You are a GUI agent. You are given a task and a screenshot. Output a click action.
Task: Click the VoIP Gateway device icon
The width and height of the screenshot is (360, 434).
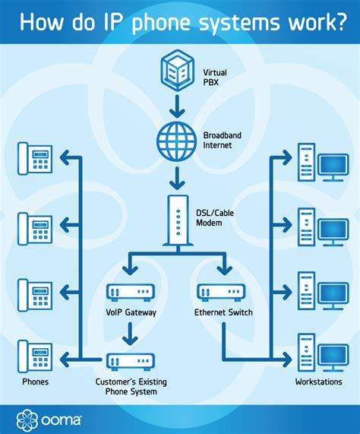pyautogui.click(x=132, y=292)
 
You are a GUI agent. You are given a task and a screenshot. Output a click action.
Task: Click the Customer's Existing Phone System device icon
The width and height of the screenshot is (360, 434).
pyautogui.click(x=132, y=363)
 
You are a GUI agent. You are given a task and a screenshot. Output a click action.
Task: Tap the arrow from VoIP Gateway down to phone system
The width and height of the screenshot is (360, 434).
pyautogui.click(x=132, y=331)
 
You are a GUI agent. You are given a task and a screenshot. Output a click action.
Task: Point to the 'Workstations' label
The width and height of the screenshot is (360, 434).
pyautogui.click(x=319, y=382)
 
